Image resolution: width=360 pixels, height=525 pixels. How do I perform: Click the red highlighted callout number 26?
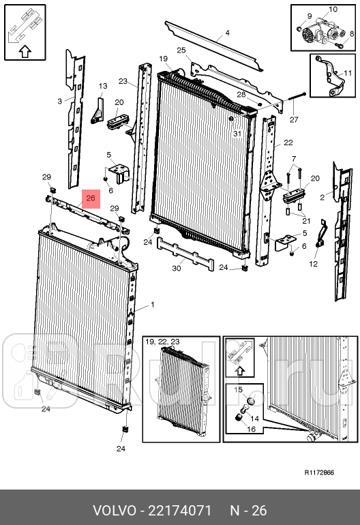coord(91,198)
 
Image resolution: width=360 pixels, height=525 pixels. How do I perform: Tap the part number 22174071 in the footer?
coord(179,511)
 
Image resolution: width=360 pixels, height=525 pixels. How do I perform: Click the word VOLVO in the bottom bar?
coord(114,511)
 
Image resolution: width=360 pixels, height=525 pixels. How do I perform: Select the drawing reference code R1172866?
coord(319,472)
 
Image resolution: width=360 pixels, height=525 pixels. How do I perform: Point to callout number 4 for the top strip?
coord(227,33)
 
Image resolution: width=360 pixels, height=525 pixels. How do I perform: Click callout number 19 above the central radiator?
coord(164,59)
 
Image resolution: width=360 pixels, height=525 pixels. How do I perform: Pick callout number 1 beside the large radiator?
coord(153,305)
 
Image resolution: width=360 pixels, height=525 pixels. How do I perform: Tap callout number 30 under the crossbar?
coord(176,268)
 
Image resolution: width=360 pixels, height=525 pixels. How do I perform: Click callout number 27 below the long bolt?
coord(294,119)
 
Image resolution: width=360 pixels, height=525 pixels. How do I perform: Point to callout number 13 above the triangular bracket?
coord(103,86)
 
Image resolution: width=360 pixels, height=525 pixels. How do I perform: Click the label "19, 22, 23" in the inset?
coord(163,342)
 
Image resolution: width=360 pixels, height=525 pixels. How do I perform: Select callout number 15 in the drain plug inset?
coord(238,390)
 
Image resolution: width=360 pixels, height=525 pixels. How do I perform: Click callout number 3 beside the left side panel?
coord(59,101)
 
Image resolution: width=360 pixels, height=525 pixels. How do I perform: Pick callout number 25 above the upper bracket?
coord(181,50)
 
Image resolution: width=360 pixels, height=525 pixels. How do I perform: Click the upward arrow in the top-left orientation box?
coord(25,52)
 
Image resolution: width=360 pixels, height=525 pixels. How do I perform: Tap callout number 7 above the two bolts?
coord(294,158)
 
